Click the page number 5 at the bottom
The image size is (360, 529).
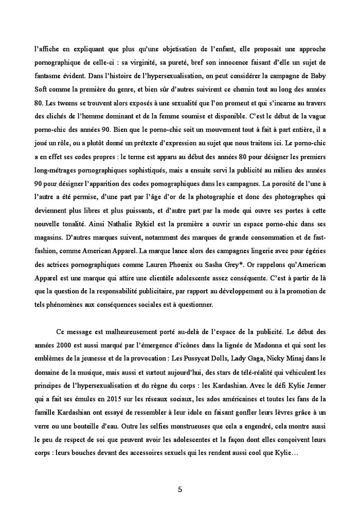click(x=179, y=489)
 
